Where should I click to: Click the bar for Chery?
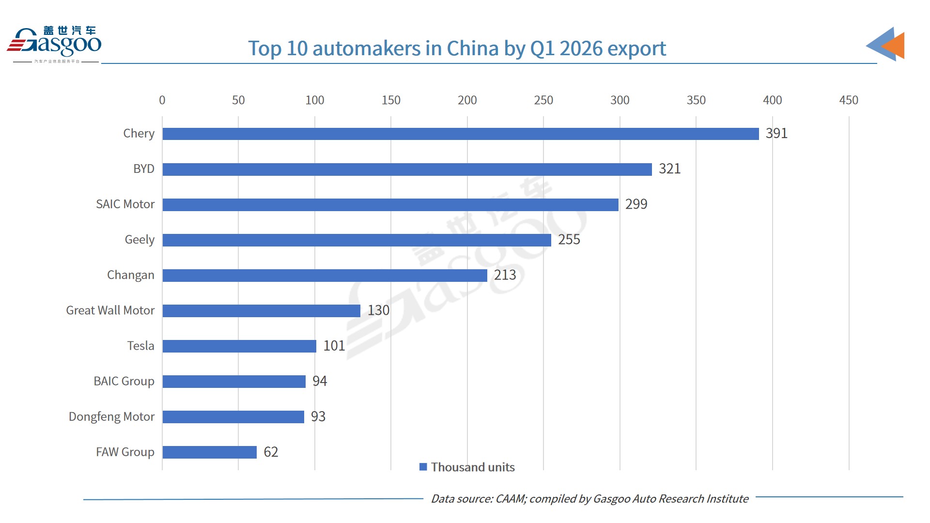click(x=460, y=134)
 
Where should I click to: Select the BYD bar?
click(x=407, y=169)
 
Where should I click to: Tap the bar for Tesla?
click(x=239, y=346)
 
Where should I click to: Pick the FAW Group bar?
click(x=209, y=452)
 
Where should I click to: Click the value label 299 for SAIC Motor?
click(x=636, y=204)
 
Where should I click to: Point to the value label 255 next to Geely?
click(x=569, y=240)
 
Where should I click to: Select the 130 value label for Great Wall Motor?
click(x=378, y=310)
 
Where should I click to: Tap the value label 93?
click(x=318, y=416)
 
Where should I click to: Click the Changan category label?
click(x=131, y=275)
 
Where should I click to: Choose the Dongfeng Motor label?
click(x=111, y=416)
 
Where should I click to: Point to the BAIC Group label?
click(x=124, y=381)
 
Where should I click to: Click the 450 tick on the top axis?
click(x=849, y=100)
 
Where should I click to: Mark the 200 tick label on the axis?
click(x=467, y=100)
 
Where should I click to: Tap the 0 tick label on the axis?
click(x=162, y=100)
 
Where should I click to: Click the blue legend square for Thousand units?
click(x=423, y=467)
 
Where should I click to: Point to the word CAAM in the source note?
click(x=510, y=499)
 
